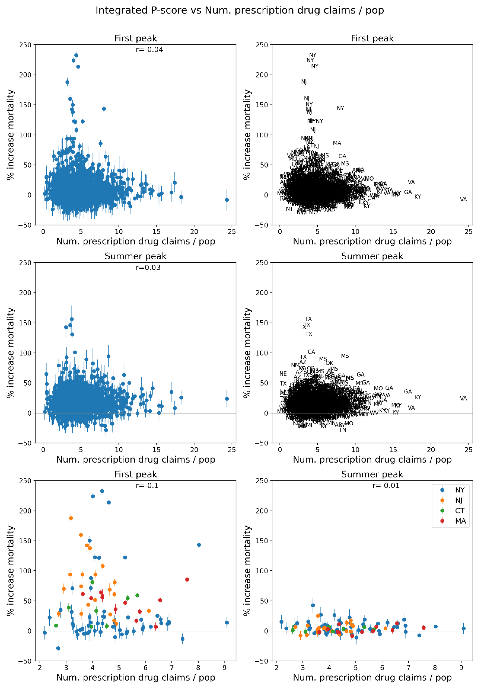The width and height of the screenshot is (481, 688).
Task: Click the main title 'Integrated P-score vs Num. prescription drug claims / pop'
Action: point(240,10)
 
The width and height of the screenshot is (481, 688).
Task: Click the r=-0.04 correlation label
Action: point(149,49)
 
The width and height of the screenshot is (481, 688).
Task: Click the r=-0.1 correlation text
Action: point(147,485)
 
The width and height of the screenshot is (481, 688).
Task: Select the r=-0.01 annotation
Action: point(386,485)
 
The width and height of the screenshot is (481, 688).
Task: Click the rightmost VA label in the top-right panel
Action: point(463,200)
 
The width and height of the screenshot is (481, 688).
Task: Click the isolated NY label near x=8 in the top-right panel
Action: point(340,108)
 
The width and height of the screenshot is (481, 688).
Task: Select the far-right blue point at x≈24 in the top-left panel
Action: point(227,200)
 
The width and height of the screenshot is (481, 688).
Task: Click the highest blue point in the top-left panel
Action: point(76,55)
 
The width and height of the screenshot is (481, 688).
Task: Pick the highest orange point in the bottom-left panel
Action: point(71,518)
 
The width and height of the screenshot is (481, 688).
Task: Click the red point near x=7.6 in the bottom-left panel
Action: point(187,580)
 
